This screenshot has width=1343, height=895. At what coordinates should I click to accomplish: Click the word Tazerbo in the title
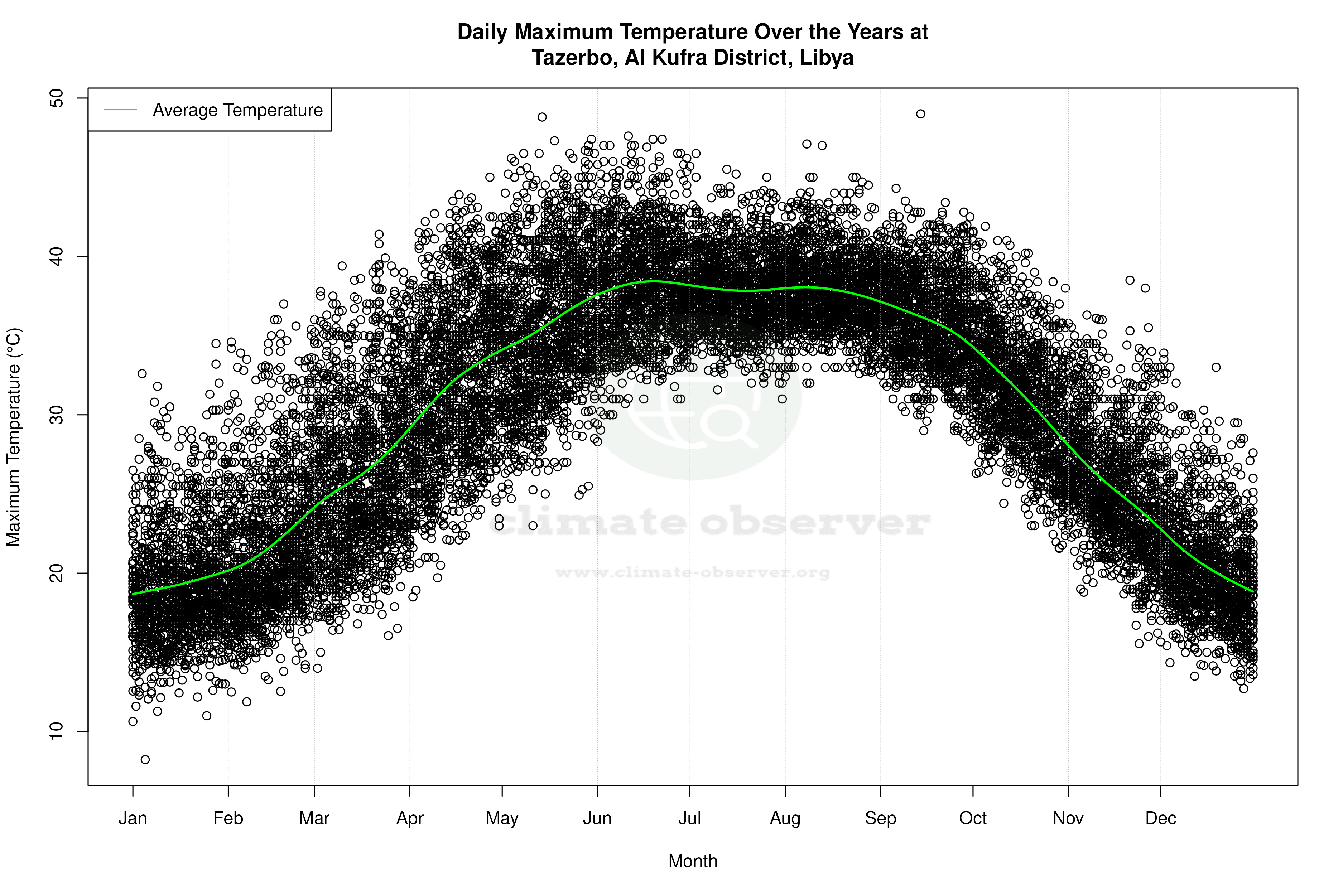pos(574,58)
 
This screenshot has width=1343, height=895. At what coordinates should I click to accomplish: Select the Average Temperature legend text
pos(237,110)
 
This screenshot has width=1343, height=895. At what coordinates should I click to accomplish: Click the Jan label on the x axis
pos(133,818)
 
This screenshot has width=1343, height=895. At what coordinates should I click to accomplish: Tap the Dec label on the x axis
pos(1160,818)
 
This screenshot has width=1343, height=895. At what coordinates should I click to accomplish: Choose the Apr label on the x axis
pos(410,818)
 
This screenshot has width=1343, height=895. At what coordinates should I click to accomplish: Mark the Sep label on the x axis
pos(881,818)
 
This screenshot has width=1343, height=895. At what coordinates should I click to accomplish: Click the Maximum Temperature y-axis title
pos(14,437)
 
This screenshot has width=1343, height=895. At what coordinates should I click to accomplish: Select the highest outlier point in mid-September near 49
pos(920,114)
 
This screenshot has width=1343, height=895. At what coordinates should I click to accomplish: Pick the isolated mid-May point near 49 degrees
pos(542,117)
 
